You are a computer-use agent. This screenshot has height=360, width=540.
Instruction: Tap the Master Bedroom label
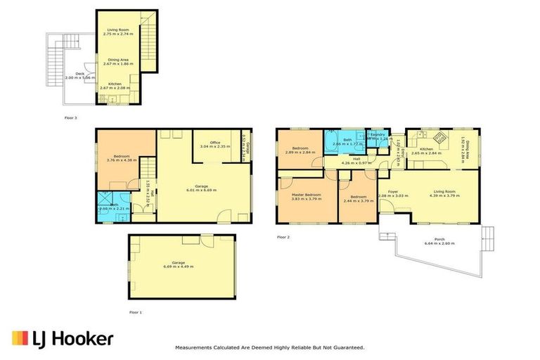coord(307,194)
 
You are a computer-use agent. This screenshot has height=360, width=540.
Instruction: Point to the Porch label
coord(439,238)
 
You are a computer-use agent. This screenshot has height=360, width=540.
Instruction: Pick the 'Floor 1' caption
coord(135,311)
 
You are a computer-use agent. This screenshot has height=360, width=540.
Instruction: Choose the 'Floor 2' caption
coord(283,237)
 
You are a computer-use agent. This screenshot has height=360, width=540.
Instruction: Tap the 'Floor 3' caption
coord(70,117)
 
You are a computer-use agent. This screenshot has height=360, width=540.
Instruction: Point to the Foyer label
coord(392,191)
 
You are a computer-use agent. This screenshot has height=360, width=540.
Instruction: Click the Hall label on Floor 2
coord(356,159)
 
